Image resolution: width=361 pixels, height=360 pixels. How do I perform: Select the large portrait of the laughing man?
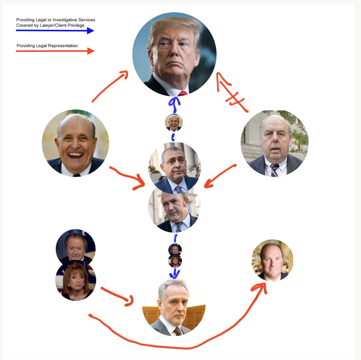coord(75,143)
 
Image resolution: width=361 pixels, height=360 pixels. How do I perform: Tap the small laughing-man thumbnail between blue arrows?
coord(174,123)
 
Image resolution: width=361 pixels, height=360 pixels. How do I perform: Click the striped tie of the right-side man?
coord(275,170)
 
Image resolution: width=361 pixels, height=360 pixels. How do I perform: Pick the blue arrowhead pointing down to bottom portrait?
coord(174,274)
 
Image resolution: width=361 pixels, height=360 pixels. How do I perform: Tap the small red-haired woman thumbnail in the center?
coord(175,261)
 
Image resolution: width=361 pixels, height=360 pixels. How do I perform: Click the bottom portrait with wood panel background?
coord(174,307)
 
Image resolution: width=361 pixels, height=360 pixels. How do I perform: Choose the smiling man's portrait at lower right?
coord(272,260)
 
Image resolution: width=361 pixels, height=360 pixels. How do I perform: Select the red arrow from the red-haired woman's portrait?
coord(117,296)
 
